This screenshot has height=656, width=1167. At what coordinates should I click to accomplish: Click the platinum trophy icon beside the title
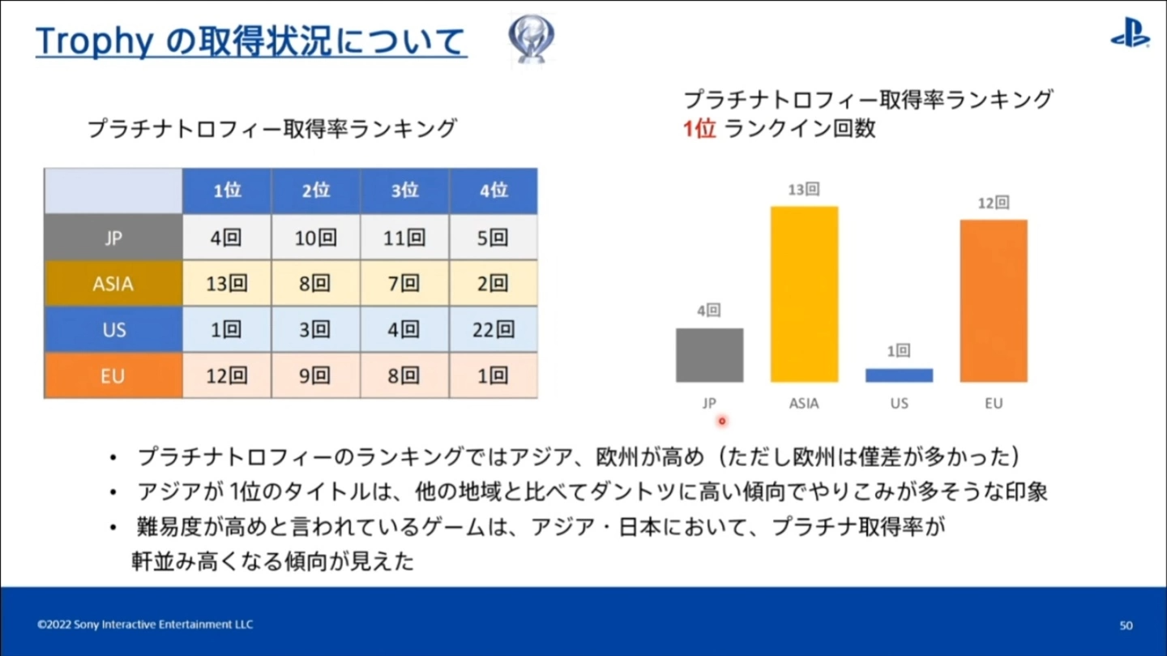(531, 39)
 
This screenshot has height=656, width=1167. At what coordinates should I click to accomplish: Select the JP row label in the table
(113, 238)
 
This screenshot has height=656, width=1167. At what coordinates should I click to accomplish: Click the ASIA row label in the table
(113, 284)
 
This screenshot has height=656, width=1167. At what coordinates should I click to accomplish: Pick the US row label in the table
(113, 330)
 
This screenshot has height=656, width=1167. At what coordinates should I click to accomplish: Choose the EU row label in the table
(113, 375)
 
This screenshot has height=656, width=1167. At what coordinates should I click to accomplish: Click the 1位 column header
(227, 191)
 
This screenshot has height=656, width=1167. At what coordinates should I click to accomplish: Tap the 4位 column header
(493, 191)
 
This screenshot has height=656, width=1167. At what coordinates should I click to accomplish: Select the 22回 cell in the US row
(493, 330)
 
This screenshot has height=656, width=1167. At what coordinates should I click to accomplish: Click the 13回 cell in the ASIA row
(227, 284)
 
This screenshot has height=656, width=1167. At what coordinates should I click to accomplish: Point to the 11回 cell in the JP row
(404, 238)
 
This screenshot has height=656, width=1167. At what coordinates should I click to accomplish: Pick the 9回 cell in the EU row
(315, 375)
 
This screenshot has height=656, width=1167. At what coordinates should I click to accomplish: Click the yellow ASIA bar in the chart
(804, 294)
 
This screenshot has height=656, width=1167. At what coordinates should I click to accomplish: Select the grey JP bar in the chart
(709, 354)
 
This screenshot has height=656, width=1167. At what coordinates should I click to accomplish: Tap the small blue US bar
(899, 375)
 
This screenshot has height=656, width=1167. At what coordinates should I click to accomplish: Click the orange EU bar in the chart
(994, 300)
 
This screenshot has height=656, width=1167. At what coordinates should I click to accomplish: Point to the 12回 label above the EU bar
(994, 203)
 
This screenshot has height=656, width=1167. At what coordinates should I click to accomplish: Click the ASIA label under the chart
(804, 403)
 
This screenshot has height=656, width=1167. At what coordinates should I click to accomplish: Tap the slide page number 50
(1126, 625)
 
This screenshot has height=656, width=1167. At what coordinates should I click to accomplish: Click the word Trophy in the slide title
(94, 41)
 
